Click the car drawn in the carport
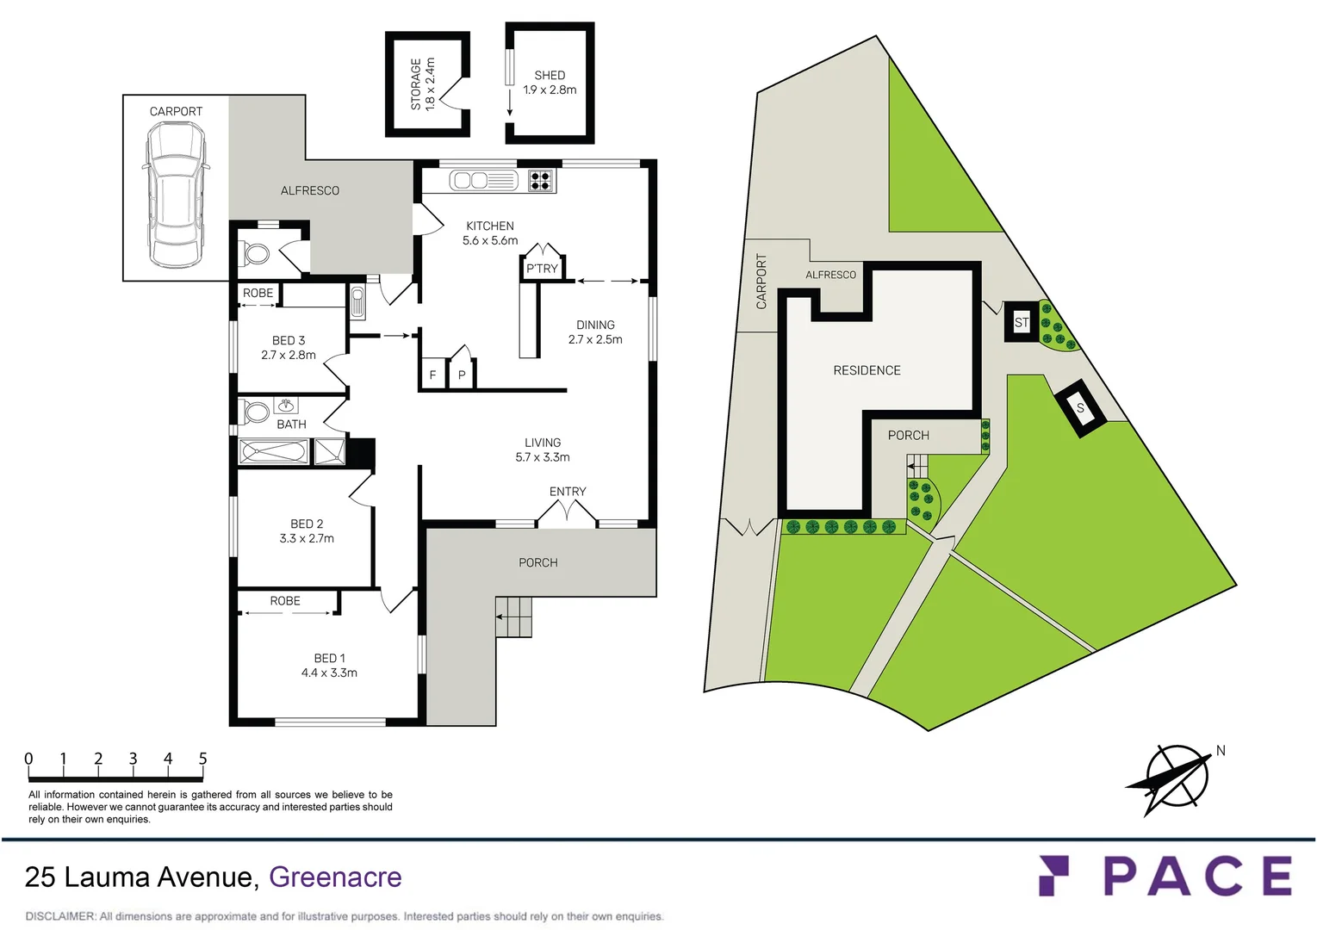(x=175, y=195)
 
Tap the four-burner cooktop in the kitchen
(x=541, y=180)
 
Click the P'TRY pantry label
(x=542, y=269)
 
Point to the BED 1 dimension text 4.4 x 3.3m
(x=329, y=673)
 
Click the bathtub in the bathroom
(x=274, y=451)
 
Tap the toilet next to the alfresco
(x=256, y=254)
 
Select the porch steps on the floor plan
(x=514, y=617)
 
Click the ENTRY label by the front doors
(x=568, y=492)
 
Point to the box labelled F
(x=432, y=375)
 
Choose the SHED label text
(x=550, y=75)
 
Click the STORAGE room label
(x=416, y=84)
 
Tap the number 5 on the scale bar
(x=202, y=759)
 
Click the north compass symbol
(x=1176, y=778)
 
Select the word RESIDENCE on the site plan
(x=867, y=370)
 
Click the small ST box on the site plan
(x=1022, y=323)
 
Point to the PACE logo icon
(x=1053, y=876)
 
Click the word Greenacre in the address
(x=335, y=877)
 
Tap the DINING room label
(x=595, y=325)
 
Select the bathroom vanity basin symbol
(x=286, y=405)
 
